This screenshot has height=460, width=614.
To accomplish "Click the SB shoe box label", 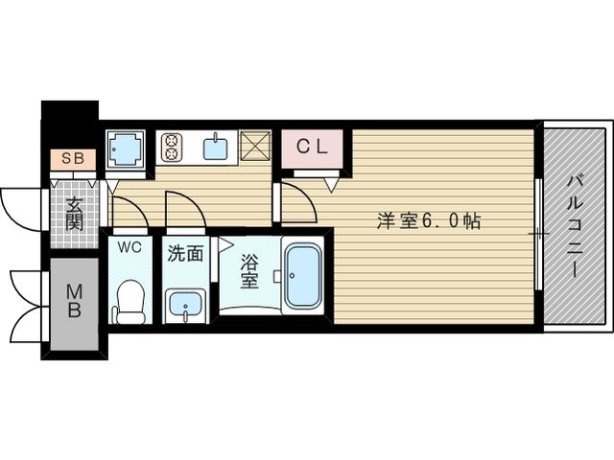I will tap(72, 158).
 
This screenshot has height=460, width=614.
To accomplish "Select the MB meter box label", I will tap(73, 302).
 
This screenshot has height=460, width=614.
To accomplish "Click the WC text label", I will tap(130, 248).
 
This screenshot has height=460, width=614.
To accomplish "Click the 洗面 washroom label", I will tap(184, 254).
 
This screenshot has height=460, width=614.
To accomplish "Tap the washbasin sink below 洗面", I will tap(183, 308).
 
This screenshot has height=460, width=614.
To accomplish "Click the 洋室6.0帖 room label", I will tap(428, 219).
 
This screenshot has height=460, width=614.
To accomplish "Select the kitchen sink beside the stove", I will tap(216, 148).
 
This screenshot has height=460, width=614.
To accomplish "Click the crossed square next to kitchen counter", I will tap(258, 145).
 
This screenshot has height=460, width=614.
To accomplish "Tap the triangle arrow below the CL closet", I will tap(332, 181).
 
